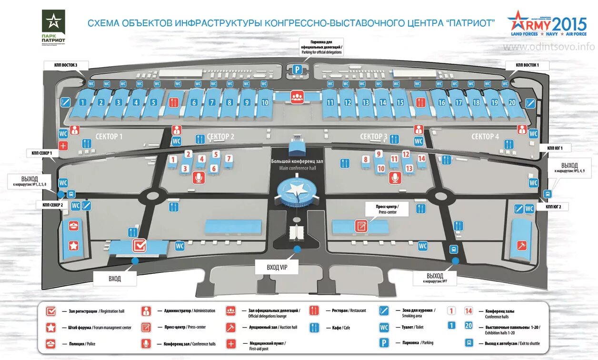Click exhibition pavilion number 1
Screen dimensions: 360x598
83,102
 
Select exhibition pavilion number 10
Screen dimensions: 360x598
265,102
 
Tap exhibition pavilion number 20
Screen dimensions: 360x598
512,102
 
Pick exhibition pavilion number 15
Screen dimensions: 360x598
400,102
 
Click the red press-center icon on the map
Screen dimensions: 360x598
361,226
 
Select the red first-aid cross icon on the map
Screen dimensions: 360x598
63,146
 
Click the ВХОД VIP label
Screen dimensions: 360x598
277,268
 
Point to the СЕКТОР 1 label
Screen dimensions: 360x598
109,137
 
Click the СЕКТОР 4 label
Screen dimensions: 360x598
485,137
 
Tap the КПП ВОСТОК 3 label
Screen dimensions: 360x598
60,64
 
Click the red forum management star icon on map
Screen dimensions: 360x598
73,246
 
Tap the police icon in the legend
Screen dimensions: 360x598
51,344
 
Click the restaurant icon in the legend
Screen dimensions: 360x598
314,311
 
